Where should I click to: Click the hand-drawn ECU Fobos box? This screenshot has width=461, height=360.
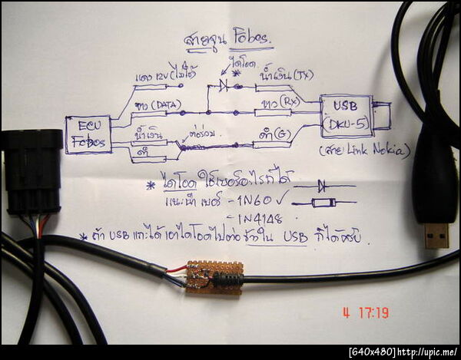tap(88, 134)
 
